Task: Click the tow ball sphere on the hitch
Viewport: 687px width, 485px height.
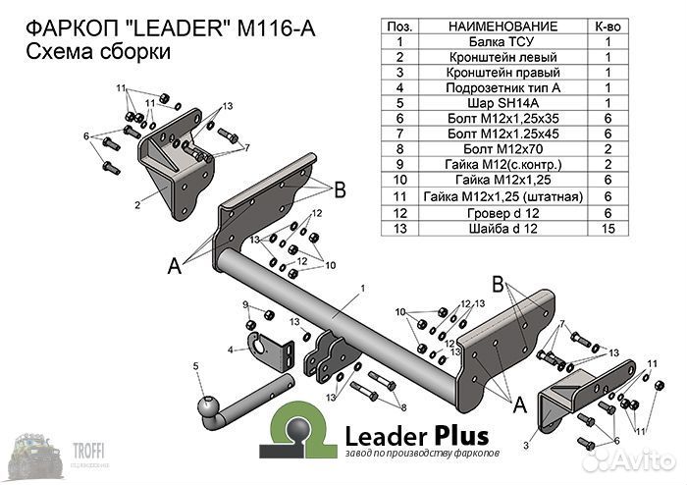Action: pos(211,404)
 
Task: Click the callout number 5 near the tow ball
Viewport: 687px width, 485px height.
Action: pos(196,365)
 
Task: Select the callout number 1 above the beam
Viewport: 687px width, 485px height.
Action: pos(362,287)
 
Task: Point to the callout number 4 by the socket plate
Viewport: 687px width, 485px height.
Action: pos(230,349)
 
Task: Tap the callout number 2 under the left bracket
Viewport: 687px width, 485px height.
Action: pos(137,205)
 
